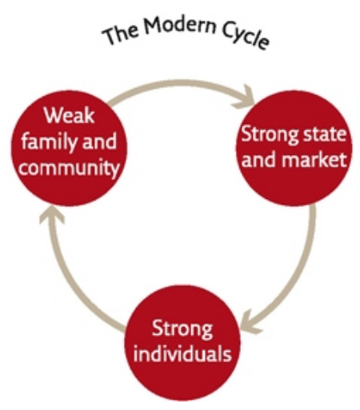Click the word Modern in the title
coord(179,25)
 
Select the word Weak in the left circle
coord(70,115)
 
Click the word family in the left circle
coord(50,141)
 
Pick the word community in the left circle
coord(70,168)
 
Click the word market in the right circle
coord(314,160)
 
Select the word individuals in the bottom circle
coord(182,354)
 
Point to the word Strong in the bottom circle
coord(182,329)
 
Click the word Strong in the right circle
coord(270,134)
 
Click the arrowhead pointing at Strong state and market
coord(245,98)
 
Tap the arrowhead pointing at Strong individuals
coord(250,322)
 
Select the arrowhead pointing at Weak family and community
coord(52,215)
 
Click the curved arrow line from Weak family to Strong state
coord(182,82)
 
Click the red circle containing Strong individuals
coord(182,343)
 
